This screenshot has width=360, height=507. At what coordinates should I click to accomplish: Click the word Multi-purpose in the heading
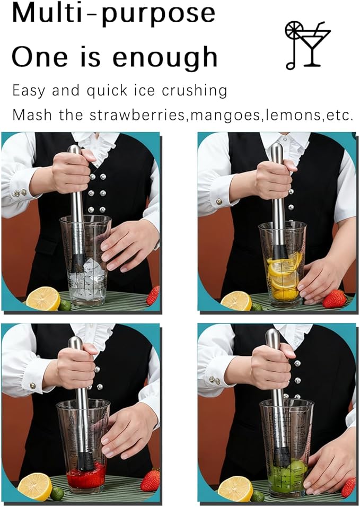pos(113,14)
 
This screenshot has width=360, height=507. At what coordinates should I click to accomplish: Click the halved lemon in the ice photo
pos(43,299)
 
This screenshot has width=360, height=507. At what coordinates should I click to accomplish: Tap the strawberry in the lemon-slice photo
pos(334,299)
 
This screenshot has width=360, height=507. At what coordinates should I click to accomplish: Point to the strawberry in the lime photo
pos(348,487)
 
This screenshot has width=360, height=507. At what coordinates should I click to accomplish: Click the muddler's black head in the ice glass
pos(78,262)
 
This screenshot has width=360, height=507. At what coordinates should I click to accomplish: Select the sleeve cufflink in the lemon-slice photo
pos(218,202)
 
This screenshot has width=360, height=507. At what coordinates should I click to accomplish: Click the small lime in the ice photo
pos(65,305)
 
